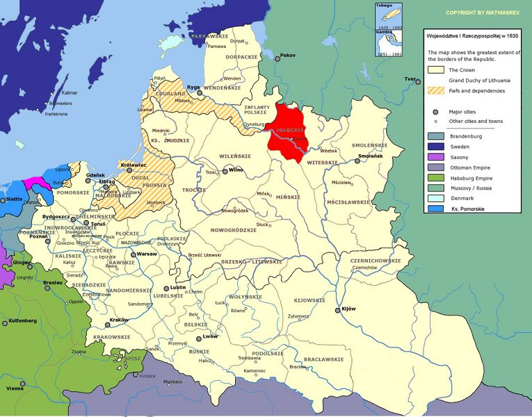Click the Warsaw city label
pos(147,254)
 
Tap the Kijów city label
pos(348,309)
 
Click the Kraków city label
pos(119,319)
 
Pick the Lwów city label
pos(211,337)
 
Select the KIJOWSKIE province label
pos(309,300)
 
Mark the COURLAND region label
pos(171,94)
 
